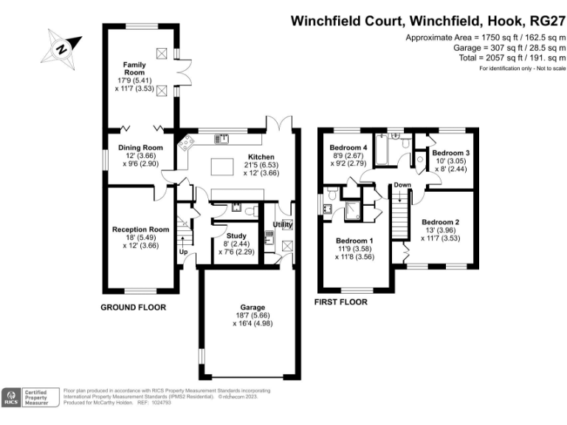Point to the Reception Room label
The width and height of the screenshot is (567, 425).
[x=140, y=229]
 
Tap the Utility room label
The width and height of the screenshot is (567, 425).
[x=283, y=224]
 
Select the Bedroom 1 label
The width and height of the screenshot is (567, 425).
[x=354, y=241]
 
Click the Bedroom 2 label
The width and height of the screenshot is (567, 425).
[x=441, y=222]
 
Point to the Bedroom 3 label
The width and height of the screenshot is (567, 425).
[x=451, y=152]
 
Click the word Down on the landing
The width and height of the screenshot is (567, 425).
[x=402, y=184]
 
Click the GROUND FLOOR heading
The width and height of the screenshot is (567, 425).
[x=133, y=307]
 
